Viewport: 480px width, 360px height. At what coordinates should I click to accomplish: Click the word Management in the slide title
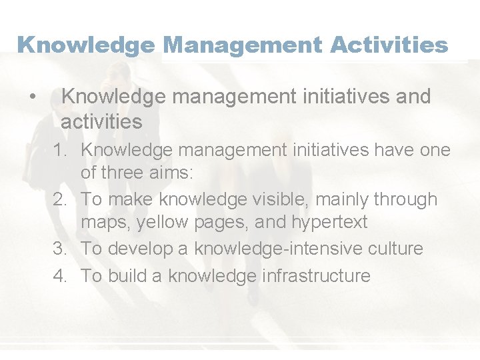(x=239, y=45)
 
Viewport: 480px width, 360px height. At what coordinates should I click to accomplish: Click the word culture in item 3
(x=393, y=249)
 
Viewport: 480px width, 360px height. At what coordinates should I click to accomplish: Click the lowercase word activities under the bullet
(x=101, y=122)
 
